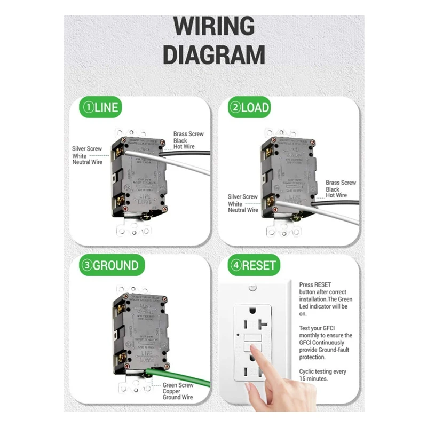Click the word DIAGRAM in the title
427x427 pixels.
coord(213,54)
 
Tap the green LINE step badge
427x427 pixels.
coord(100,108)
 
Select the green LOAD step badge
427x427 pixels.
coord(250,108)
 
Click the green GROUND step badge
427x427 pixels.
coord(109,265)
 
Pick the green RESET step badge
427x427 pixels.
coord(254,265)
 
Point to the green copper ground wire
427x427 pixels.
coord(181,377)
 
